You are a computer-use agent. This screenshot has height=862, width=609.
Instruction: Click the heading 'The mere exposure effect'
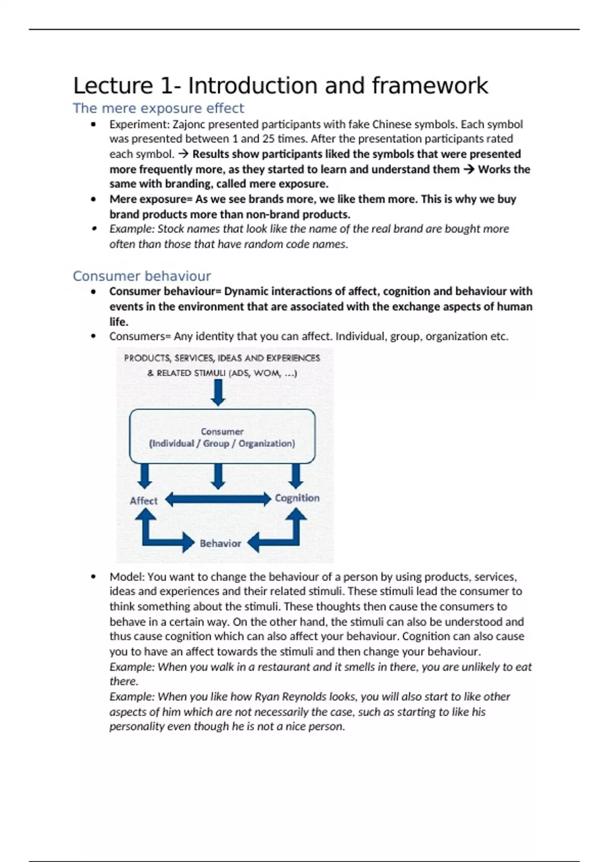point(158,108)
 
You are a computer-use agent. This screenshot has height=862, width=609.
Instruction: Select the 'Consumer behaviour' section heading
point(142,276)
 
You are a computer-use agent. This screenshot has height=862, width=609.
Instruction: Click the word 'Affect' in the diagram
point(144,501)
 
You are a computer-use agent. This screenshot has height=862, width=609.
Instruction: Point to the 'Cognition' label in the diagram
point(297,498)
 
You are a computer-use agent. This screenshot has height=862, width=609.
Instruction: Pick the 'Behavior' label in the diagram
point(220,544)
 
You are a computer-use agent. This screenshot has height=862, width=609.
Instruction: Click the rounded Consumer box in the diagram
point(222,437)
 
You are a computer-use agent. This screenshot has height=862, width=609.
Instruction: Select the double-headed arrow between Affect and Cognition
point(218,499)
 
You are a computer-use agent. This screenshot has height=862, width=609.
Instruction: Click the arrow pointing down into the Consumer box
point(218,392)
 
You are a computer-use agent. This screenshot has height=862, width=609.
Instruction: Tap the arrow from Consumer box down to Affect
point(145,476)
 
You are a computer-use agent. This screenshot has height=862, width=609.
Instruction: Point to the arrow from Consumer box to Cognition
point(295,476)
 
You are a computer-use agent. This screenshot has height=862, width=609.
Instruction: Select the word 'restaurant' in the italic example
point(285,667)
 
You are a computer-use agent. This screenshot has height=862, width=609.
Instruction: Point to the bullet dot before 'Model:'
point(93,577)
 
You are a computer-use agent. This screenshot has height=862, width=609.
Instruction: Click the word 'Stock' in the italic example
point(171,229)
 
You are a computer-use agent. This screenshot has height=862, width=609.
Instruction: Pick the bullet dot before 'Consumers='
point(93,336)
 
